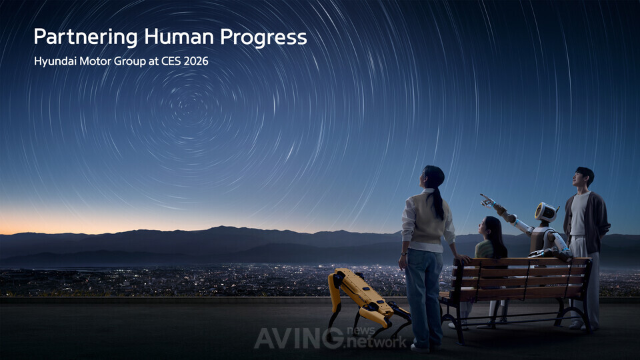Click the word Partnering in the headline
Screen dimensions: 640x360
[86, 37]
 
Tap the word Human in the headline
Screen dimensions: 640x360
[179, 37]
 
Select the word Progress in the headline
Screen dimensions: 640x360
[264, 37]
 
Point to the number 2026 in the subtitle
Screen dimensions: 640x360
[196, 61]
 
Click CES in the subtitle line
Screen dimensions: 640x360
[171, 61]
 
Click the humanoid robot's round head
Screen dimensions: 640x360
[546, 212]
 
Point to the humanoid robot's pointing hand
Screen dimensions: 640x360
[487, 200]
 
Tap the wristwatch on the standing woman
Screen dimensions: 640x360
[404, 254]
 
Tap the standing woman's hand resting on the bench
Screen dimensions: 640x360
[463, 259]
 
